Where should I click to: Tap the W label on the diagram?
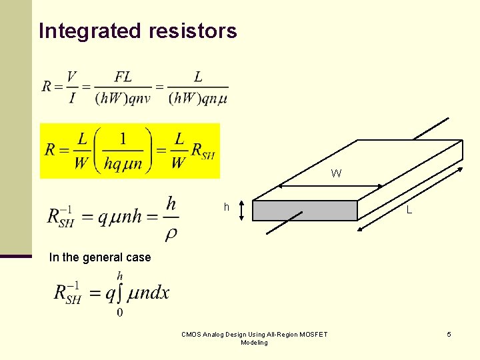pyautogui.click(x=336, y=173)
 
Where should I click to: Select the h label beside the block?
pyautogui.click(x=227, y=207)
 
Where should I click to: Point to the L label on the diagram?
pyautogui.click(x=409, y=211)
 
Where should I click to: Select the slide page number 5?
pyautogui.click(x=449, y=334)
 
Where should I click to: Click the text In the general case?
pyautogui.click(x=100, y=257)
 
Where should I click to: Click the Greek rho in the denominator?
pyautogui.click(x=171, y=233)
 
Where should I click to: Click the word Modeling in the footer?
pyautogui.click(x=254, y=343)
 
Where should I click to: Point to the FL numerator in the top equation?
pyautogui.click(x=123, y=77)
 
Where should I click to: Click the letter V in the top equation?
pyautogui.click(x=71, y=77)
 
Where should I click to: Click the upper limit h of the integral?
pyautogui.click(x=120, y=275)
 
